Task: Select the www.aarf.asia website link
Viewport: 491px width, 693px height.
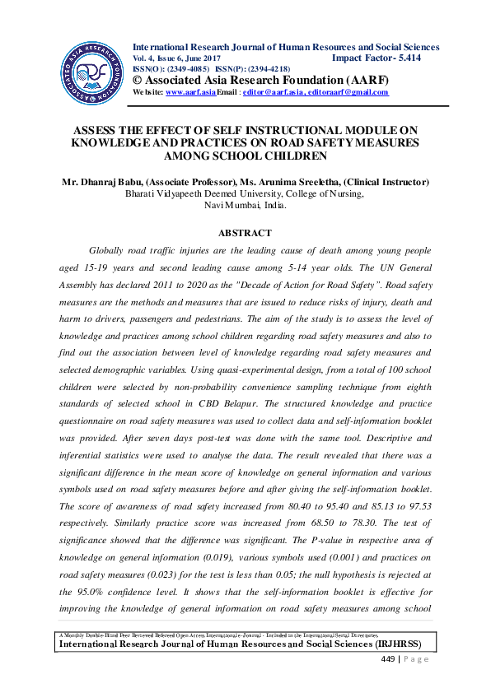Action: (190, 93)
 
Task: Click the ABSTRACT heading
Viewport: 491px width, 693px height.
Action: (245, 233)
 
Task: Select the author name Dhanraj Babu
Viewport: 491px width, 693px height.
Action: (104, 182)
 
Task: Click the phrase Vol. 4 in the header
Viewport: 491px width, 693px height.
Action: (147, 58)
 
